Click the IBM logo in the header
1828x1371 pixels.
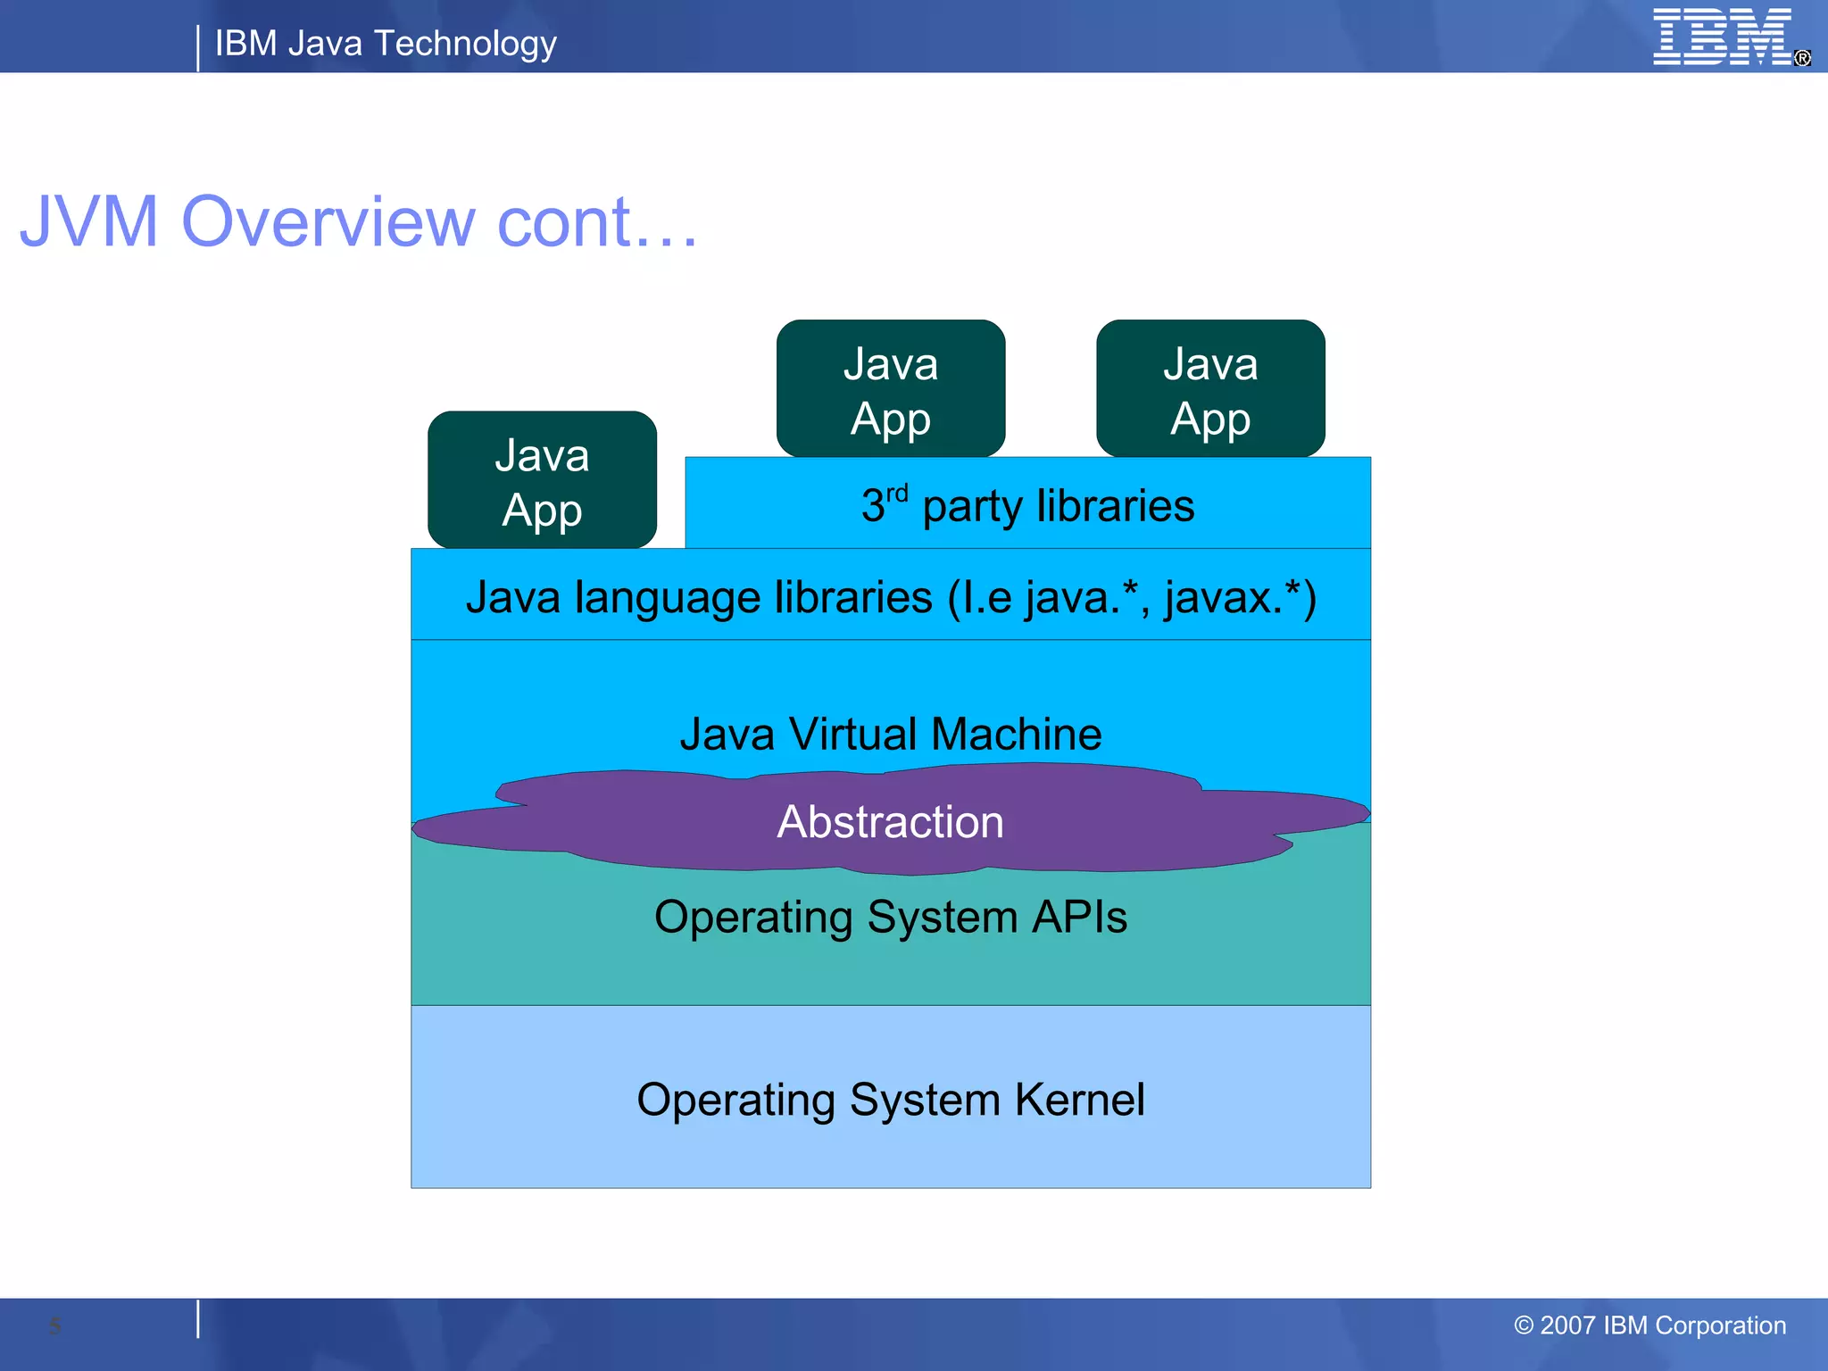pos(1723,37)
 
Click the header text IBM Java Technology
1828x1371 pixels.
pos(386,43)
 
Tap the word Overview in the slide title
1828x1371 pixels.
pos(328,221)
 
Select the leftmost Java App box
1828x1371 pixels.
pos(542,480)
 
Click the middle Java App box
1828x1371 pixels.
pos(891,389)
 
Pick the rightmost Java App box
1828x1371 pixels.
pos(1210,389)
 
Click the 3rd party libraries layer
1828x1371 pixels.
pos(1026,505)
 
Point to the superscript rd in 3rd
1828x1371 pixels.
pos(897,493)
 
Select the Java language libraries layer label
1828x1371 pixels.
pos(891,596)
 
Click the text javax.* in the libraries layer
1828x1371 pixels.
pos(1232,596)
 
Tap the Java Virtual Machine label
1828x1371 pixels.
pos(891,734)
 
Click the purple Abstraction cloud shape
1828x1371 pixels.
pos(891,821)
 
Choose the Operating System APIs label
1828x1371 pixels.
pos(891,918)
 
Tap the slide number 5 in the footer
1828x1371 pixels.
pos(55,1325)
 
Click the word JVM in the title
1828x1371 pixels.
pos(89,221)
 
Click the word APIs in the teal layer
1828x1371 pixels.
pos(1080,918)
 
